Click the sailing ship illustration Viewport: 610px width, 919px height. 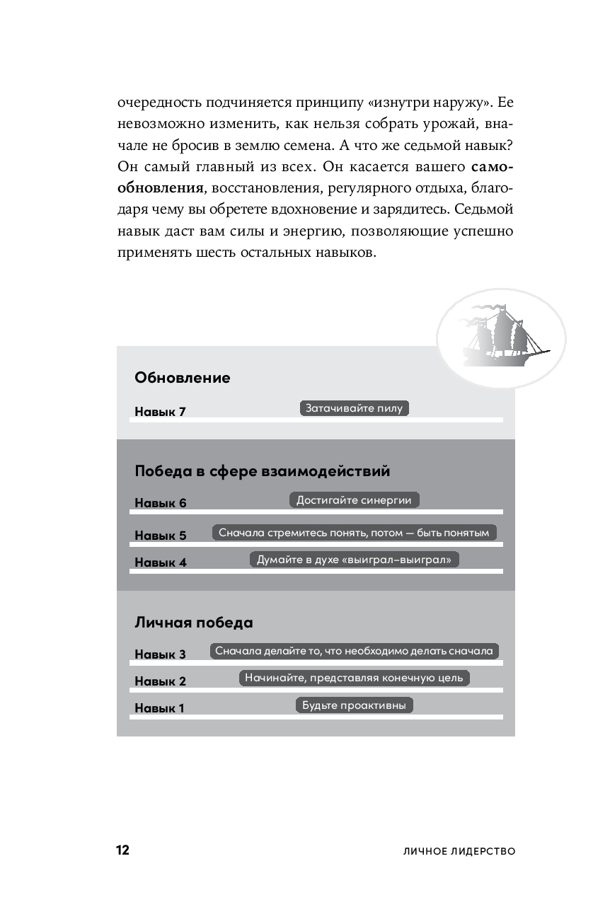point(505,336)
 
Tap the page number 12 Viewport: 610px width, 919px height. point(122,850)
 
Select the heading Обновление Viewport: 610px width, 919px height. point(183,378)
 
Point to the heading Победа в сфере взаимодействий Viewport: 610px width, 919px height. point(262,471)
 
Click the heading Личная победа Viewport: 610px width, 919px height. point(194,623)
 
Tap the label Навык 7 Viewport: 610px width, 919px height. point(160,412)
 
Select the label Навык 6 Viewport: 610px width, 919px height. point(160,503)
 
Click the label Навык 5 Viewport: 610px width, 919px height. point(160,536)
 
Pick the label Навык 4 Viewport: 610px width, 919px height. point(160,563)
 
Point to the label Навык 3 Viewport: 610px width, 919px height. point(160,654)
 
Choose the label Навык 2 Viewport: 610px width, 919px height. point(160,681)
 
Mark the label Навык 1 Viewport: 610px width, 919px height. point(160,708)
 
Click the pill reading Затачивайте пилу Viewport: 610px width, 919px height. point(355,408)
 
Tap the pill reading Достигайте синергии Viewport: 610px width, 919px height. point(354,500)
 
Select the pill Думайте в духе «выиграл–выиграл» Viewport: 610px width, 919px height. point(355,560)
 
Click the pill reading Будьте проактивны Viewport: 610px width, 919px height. point(354,705)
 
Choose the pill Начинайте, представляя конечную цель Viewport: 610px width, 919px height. point(354,678)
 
